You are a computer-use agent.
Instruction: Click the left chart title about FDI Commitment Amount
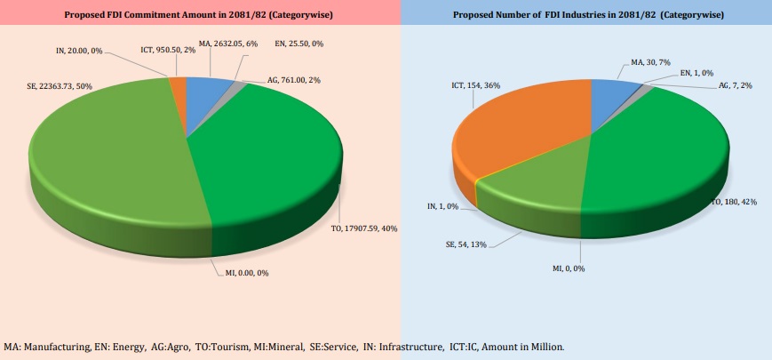pyautogui.click(x=199, y=16)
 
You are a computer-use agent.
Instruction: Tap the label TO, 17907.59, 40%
pyautogui.click(x=365, y=228)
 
